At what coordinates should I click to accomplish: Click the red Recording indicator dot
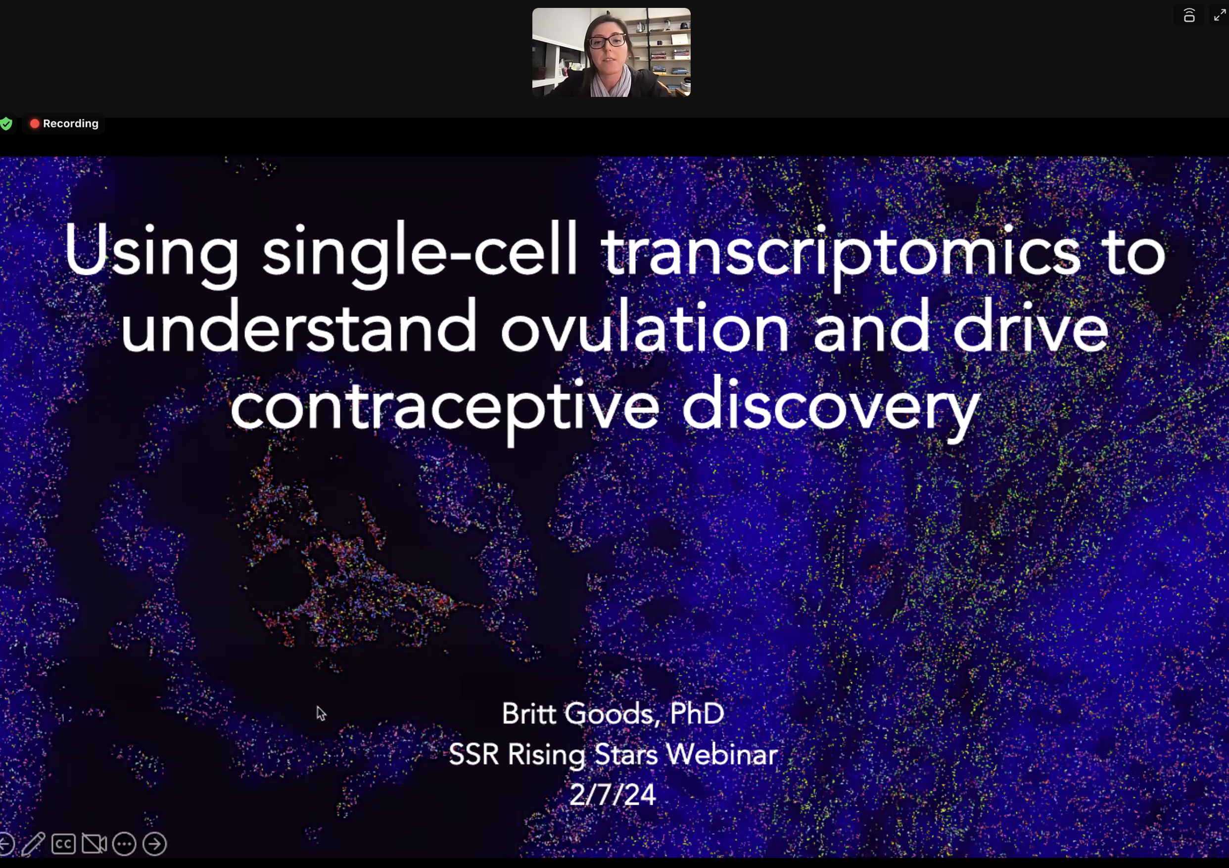35,124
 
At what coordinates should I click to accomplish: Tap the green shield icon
6,124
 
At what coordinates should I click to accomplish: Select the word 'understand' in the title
299,326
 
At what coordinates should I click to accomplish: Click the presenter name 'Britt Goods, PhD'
613,713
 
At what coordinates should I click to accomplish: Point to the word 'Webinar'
721,754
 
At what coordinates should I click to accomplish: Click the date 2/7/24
613,795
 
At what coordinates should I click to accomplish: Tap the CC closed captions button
63,844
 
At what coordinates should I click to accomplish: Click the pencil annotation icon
33,844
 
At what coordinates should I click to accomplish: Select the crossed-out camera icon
94,844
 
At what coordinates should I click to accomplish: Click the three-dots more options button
124,844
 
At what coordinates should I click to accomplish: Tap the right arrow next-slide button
155,844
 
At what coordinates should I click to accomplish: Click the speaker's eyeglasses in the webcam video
608,41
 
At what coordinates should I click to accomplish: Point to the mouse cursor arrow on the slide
321,713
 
